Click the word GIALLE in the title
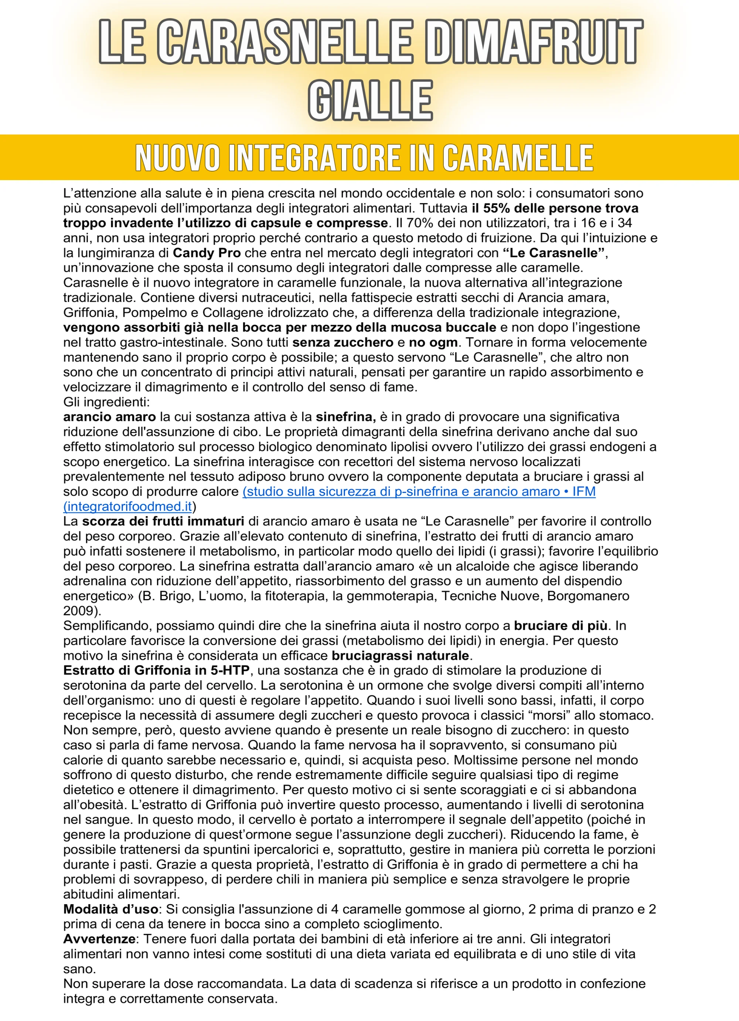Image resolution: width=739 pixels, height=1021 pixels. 370,100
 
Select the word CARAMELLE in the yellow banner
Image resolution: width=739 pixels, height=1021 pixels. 518,158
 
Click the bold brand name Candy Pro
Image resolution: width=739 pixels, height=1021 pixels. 207,253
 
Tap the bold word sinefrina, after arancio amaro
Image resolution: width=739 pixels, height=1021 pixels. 345,417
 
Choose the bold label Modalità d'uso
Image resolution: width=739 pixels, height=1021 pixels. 110,909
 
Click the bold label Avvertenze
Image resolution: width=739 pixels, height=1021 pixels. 99,939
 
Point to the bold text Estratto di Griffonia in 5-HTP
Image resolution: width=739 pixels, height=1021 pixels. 156,670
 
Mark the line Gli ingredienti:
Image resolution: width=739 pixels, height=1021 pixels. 106,402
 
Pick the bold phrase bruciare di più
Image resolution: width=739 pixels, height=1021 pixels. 561,625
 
